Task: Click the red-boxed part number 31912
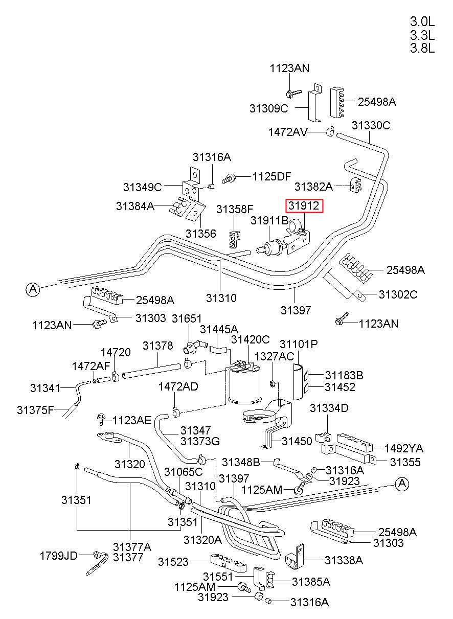tap(304, 205)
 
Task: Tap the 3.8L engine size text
tap(422, 49)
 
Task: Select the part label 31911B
tap(269, 220)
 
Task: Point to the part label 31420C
tap(250, 339)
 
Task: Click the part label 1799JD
tap(59, 556)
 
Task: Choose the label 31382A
tap(313, 187)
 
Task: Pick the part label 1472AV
tap(288, 132)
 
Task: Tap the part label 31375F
tap(35, 410)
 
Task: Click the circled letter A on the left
tap(33, 290)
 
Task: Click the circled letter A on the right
tap(402, 484)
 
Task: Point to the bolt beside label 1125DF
tap(229, 178)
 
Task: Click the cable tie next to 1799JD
tap(97, 563)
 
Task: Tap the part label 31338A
tap(344, 560)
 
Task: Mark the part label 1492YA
tap(404, 448)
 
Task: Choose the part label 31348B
tap(241, 462)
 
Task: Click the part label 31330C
tap(371, 126)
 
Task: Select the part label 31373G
tap(200, 441)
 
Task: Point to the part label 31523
tap(173, 562)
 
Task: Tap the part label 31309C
tap(268, 108)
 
